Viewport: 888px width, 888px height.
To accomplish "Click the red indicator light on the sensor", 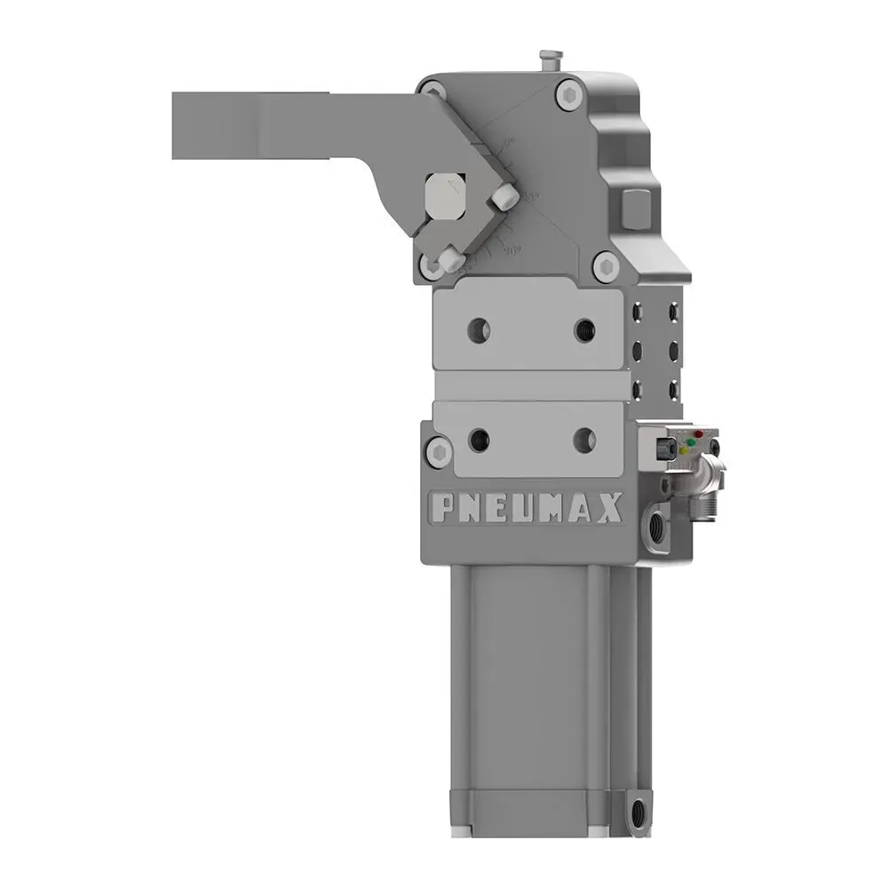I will (699, 434).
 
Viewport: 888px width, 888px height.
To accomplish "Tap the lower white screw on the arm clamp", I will (448, 258).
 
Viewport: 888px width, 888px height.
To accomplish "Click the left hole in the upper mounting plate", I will (479, 329).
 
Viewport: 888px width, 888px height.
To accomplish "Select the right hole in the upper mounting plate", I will (584, 329).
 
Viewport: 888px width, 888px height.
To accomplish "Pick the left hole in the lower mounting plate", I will (479, 438).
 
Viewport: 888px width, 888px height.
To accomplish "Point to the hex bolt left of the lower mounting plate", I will (438, 451).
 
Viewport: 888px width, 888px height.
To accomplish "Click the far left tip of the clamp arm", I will (176, 125).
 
